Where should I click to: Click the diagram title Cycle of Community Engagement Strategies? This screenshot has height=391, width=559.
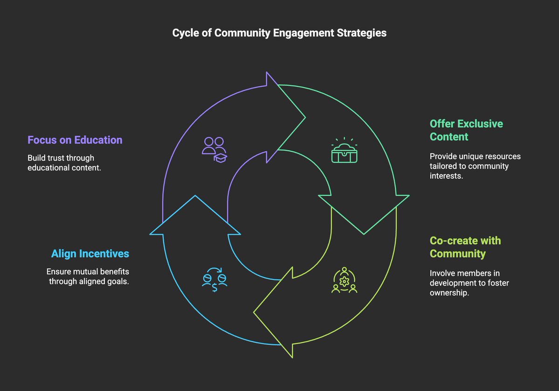click(279, 33)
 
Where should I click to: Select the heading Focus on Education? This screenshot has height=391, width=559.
click(75, 140)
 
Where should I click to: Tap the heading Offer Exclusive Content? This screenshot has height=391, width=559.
click(466, 130)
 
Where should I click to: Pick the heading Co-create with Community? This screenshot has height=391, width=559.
click(465, 247)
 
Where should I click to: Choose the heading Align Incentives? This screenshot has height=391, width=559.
click(90, 254)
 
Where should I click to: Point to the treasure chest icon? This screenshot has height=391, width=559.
click(344, 150)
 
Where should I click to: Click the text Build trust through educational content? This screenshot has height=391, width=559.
click(64, 163)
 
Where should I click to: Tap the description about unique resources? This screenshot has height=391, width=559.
click(475, 166)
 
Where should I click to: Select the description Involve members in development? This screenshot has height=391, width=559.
click(464, 283)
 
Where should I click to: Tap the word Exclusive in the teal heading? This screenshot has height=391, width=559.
click(480, 124)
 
